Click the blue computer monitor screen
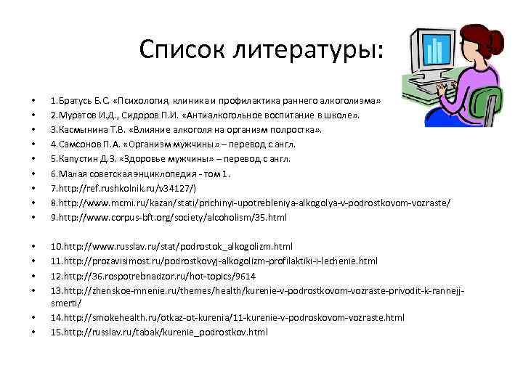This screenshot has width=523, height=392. click(434, 49)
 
